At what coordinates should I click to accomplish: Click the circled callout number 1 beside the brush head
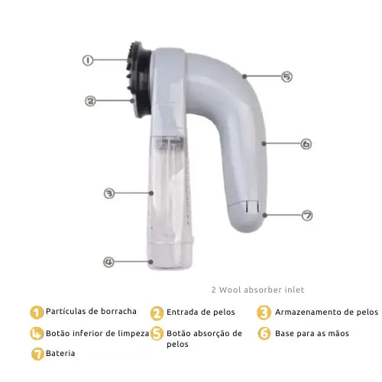[x=88, y=60]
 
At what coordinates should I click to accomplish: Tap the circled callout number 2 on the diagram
[x=90, y=101]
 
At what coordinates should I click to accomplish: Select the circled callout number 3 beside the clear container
[x=109, y=193]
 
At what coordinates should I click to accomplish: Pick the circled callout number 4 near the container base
[x=108, y=262]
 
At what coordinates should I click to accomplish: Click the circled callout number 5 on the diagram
[x=286, y=76]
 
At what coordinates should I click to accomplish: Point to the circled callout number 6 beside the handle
[x=306, y=144]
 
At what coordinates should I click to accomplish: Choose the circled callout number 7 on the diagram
[x=307, y=215]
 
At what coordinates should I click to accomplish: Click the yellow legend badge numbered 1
[x=37, y=312]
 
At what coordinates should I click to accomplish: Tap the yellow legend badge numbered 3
[x=264, y=312]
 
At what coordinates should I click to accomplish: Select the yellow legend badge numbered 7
[x=37, y=354]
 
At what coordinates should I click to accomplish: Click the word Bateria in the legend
[x=60, y=353]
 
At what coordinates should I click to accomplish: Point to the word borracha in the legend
[x=118, y=311]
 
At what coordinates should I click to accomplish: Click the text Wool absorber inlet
[x=261, y=290]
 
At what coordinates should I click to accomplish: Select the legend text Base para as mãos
[x=312, y=333]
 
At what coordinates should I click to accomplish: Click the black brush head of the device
[x=139, y=79]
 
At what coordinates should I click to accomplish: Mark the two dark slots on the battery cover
[x=252, y=206]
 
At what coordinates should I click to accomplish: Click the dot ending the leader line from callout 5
[x=244, y=76]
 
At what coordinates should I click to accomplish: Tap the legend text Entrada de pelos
[x=201, y=312]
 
